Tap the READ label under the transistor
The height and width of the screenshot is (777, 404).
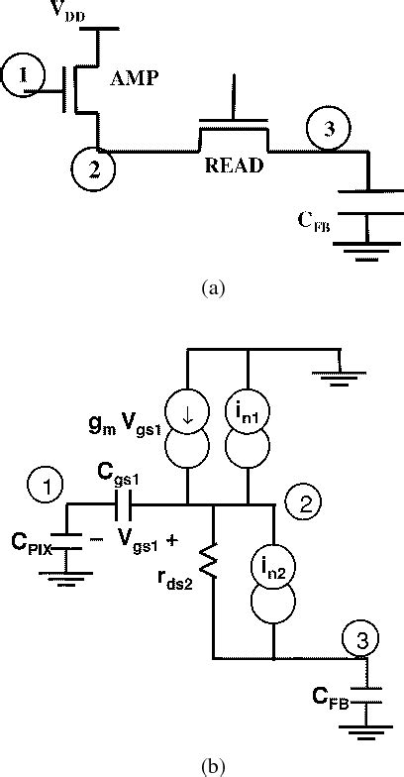point(234,166)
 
